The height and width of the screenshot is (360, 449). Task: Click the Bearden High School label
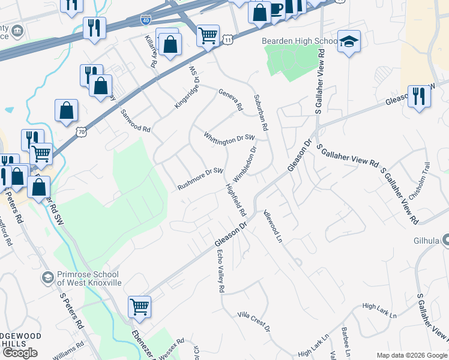[x=299, y=41]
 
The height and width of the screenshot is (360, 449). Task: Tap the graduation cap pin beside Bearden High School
[x=349, y=42]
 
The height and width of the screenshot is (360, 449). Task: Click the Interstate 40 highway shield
[x=146, y=20]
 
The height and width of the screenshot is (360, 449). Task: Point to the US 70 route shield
[x=82, y=130]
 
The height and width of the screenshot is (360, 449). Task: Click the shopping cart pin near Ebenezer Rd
[x=139, y=307]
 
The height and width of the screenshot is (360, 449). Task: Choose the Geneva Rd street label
[x=231, y=99]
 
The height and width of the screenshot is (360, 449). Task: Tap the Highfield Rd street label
[x=236, y=199]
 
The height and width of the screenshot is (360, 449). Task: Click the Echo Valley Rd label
[x=220, y=271]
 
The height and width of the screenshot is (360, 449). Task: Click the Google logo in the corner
[x=20, y=353]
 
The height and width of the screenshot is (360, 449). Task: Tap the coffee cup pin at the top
[x=276, y=9]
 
